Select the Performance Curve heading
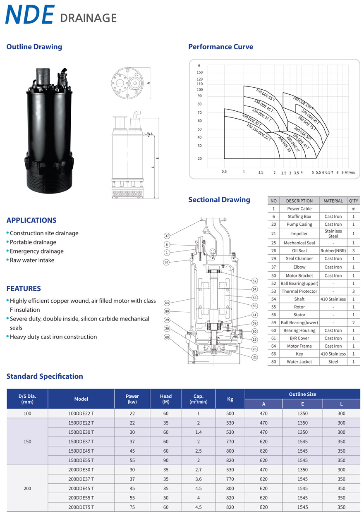220,47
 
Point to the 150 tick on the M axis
200,72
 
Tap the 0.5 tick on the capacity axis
224,172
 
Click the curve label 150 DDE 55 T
265,95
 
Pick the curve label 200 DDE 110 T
303,104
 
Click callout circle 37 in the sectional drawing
167,236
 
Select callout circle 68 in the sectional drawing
167,337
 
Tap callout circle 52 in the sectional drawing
254,281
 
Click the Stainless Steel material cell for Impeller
333,234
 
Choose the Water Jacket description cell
299,362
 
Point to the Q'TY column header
353,201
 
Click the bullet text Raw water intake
32,260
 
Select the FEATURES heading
24,289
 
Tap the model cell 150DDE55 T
81,460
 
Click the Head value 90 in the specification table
165,460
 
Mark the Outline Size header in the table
302,394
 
